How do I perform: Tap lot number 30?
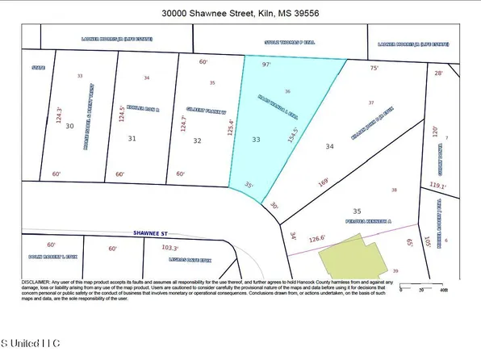(x=69, y=126)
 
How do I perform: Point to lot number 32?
(x=197, y=140)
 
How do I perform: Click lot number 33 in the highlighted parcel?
(x=257, y=140)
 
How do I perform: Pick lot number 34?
(x=328, y=146)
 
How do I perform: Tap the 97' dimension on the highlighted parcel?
(x=267, y=63)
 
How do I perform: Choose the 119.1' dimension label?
(x=437, y=185)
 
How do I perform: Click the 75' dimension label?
(x=374, y=69)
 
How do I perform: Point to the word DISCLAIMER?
(x=36, y=282)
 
